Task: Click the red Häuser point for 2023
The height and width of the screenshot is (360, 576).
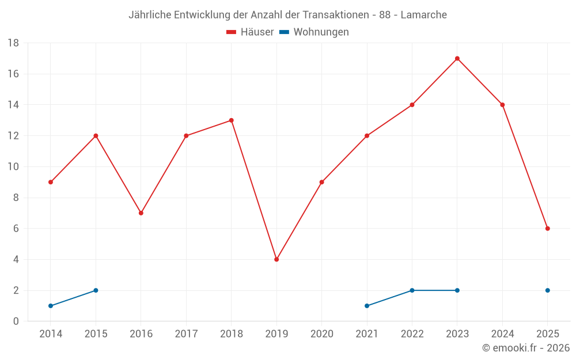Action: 457,58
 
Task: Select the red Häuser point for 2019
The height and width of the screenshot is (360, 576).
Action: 276,259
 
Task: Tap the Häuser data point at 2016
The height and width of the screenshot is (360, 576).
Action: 141,213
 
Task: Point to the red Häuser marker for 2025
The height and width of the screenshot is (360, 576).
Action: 548,229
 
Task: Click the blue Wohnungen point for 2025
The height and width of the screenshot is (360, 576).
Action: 548,290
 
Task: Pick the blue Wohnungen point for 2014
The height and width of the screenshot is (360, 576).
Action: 51,306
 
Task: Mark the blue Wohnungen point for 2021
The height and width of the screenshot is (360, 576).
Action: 367,306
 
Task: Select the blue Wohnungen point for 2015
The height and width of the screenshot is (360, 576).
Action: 96,290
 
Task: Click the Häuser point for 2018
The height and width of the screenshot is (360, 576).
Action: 232,120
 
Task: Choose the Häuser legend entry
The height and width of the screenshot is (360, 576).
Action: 250,32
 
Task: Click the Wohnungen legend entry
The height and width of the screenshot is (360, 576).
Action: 314,32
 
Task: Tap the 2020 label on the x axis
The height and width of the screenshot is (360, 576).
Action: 321,334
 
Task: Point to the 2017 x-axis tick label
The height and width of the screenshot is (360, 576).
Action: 186,334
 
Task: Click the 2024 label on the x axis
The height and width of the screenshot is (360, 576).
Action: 502,334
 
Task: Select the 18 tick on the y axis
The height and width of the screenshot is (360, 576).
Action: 13,43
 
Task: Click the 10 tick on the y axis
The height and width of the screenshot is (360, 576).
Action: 13,167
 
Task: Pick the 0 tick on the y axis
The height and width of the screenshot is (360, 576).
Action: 16,321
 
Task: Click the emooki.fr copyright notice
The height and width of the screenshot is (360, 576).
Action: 525,348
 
